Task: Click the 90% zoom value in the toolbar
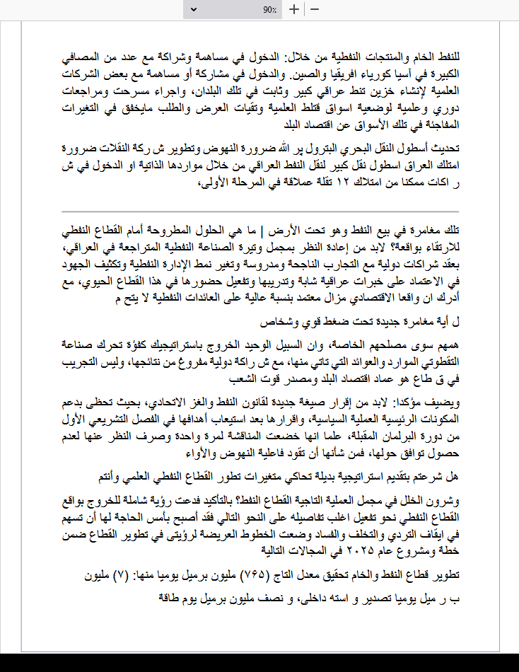[x=269, y=10]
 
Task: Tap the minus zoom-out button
[x=315, y=10]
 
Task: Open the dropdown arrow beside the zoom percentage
[x=280, y=10]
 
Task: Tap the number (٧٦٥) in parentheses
[x=255, y=575]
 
